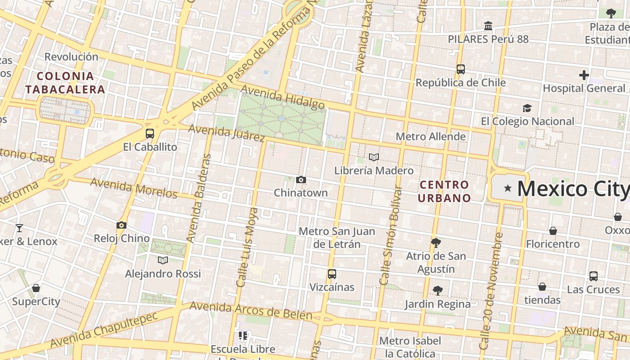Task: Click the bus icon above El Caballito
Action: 150,134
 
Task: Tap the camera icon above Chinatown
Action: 301,180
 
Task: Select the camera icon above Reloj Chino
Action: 121,225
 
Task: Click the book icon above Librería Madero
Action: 374,157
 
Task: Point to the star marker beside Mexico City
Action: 508,188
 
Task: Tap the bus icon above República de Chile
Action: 460,69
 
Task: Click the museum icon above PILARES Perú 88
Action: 488,26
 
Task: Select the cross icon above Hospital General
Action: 584,75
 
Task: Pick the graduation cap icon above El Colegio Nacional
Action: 527,108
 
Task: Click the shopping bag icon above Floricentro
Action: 553,231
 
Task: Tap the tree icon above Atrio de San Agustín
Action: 436,243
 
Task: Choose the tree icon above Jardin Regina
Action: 437,290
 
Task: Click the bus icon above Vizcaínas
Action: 332,274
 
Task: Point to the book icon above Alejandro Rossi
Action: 163,260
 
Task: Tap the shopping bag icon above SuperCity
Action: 36,288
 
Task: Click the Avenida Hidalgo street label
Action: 283,97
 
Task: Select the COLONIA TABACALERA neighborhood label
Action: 65,82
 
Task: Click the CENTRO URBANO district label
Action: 444,191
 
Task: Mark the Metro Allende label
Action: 431,136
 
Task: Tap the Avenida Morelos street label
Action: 134,188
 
